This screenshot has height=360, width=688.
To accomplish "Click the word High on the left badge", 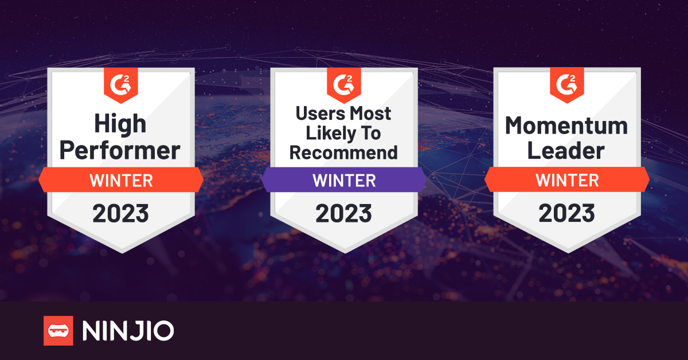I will click(x=120, y=124).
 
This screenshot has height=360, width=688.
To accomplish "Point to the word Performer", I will click(x=120, y=150).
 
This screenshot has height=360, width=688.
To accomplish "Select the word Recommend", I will click(x=343, y=152).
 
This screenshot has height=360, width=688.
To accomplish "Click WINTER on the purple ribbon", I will click(x=343, y=181).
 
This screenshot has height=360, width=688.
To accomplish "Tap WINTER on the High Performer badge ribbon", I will click(x=120, y=181).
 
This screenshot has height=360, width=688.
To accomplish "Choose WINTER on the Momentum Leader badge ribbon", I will click(x=566, y=181).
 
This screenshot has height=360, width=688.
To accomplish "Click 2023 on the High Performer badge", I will click(x=120, y=213).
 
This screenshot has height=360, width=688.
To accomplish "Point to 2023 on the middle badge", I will click(x=343, y=213).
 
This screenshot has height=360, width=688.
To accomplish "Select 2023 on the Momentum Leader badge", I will click(x=566, y=213).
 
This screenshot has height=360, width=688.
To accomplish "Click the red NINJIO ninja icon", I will click(x=58, y=331).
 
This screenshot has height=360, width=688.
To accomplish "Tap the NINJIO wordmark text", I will click(x=128, y=331).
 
